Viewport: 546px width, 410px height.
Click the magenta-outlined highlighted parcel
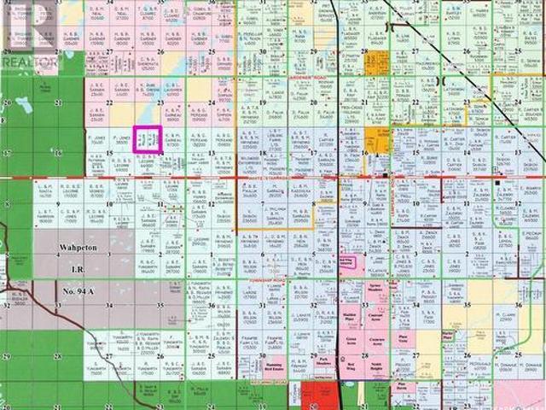[x=147, y=138]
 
